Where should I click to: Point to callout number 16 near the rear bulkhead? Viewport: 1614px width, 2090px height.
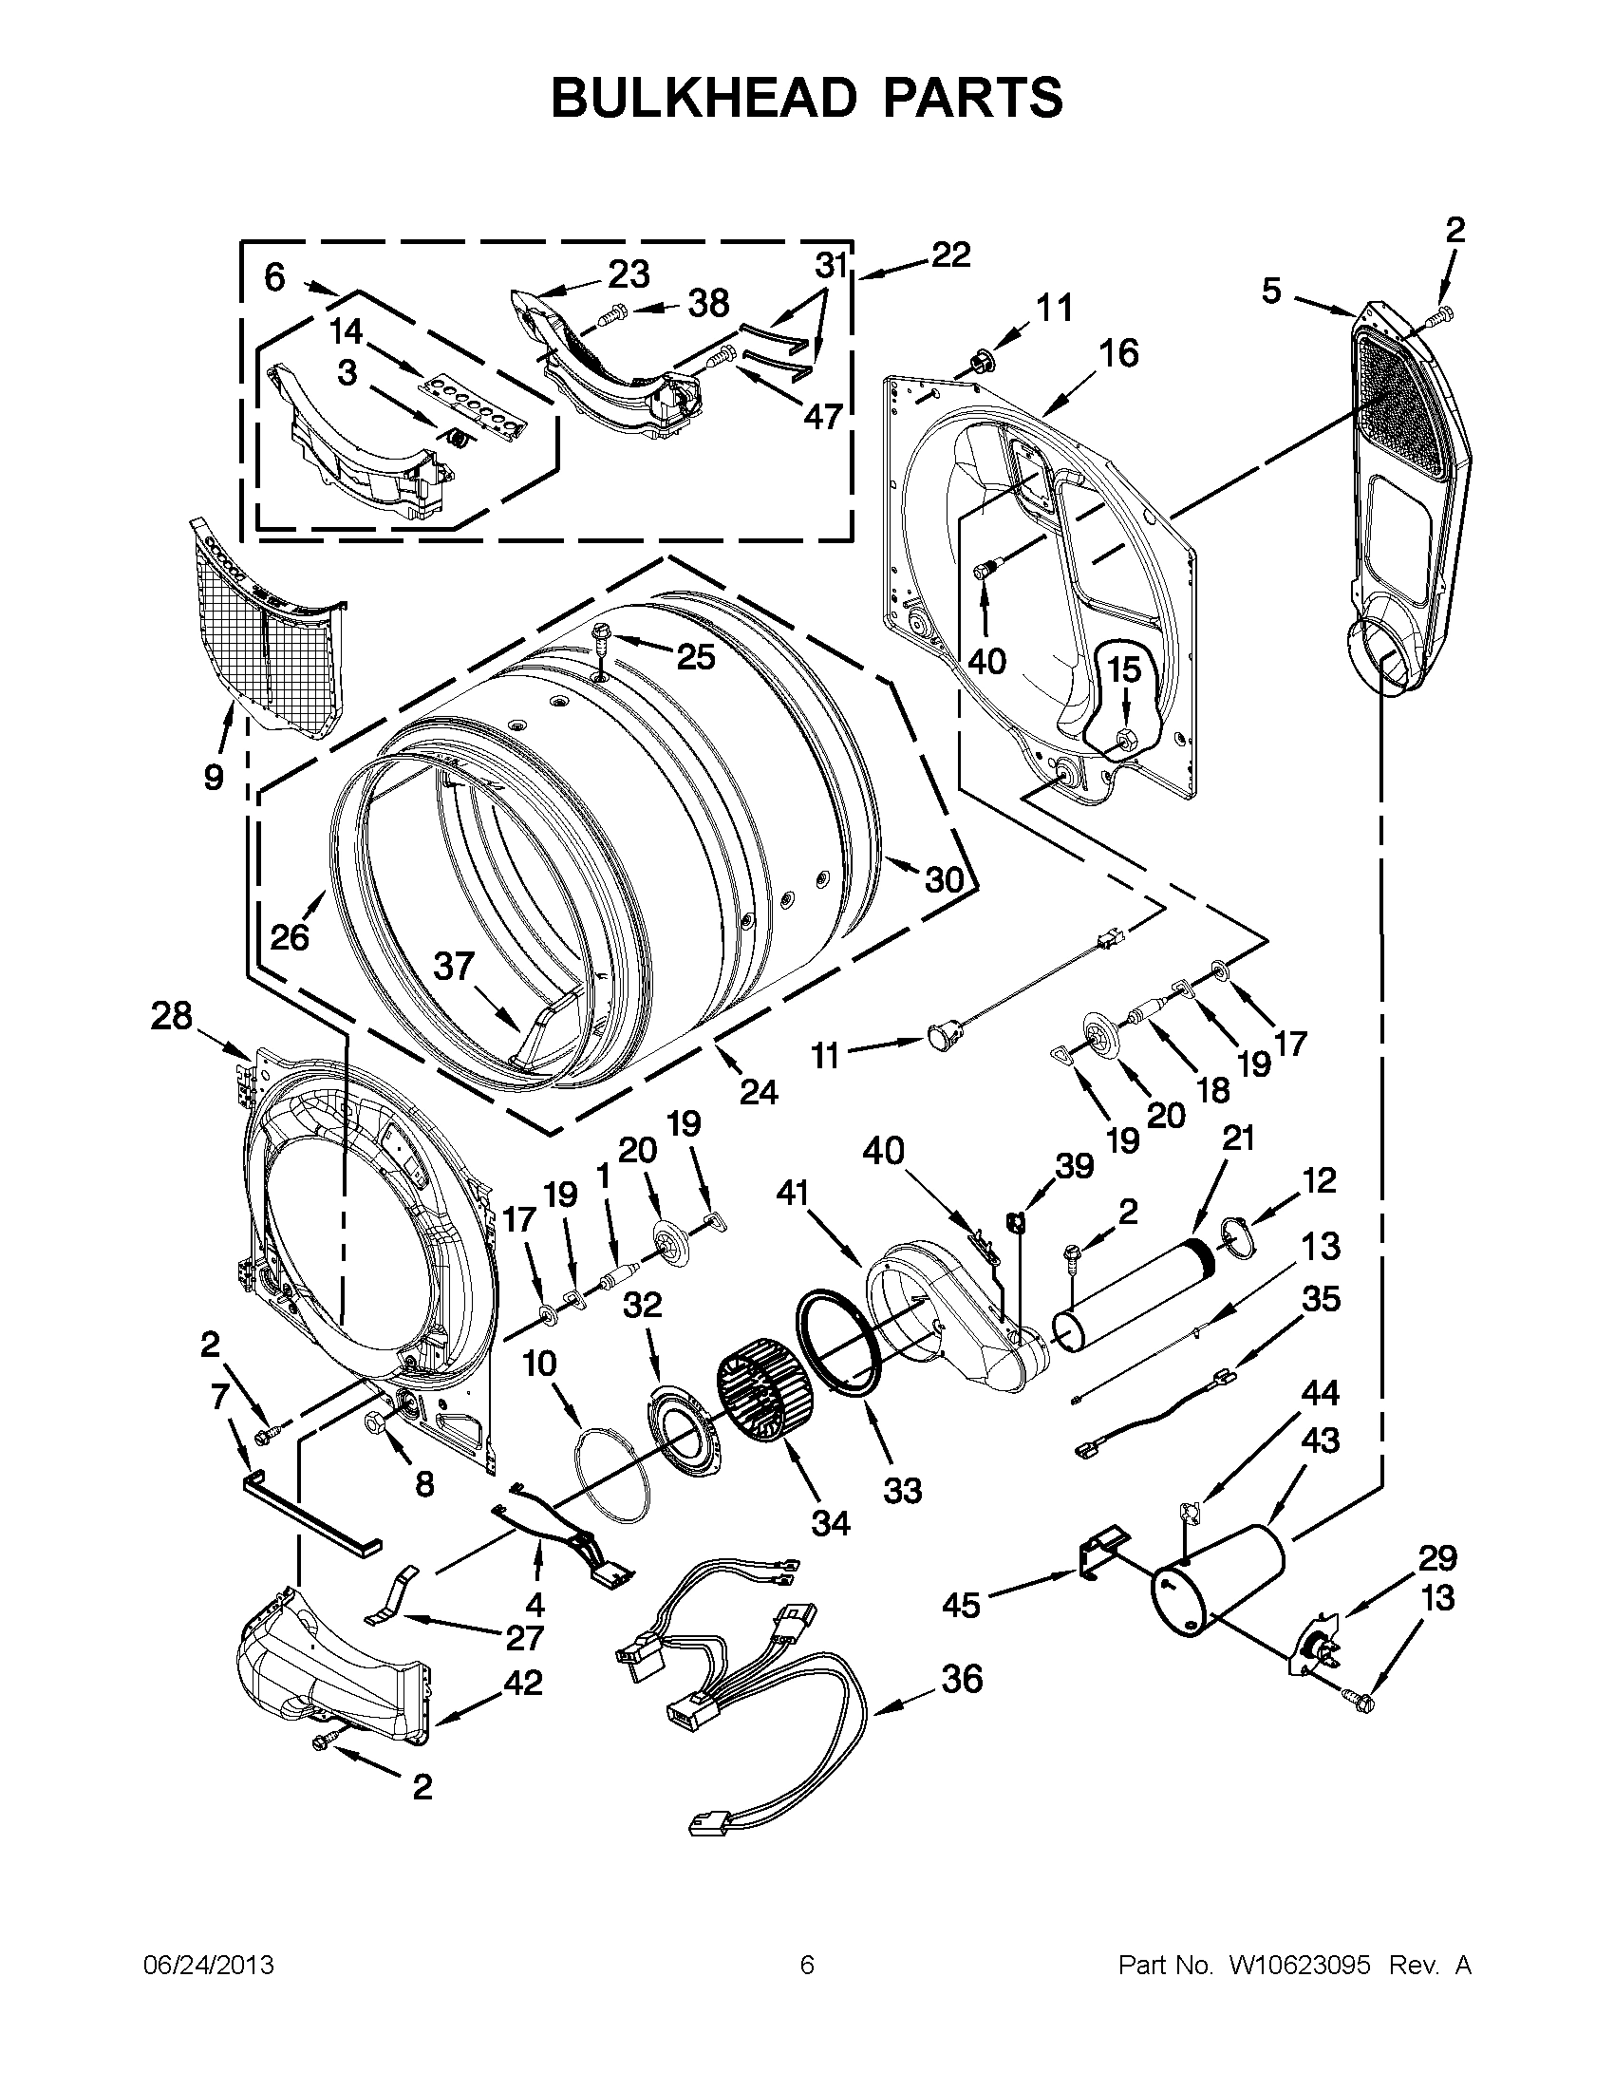(x=1118, y=354)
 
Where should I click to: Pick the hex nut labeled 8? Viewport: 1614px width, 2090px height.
(x=376, y=1423)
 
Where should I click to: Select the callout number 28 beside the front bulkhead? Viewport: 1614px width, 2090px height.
(x=171, y=1016)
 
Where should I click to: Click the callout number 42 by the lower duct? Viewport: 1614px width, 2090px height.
(x=523, y=1683)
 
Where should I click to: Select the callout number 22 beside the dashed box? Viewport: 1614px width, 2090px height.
(x=950, y=254)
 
